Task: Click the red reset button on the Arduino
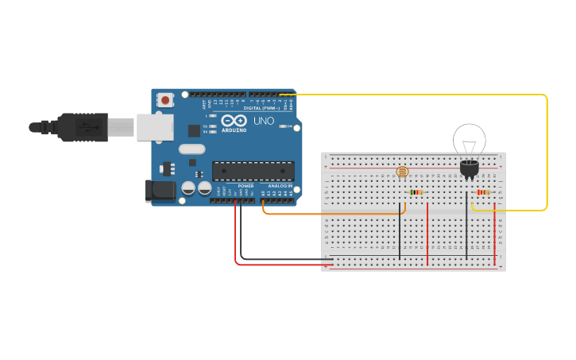(x=165, y=100)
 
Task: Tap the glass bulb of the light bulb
(x=469, y=140)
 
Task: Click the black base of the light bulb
(x=469, y=168)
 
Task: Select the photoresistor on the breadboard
(x=402, y=172)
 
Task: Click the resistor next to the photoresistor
(x=416, y=192)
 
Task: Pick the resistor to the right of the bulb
(x=483, y=192)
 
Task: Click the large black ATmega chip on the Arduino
(x=253, y=171)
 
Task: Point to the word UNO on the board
(x=263, y=122)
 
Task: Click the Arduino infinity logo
(x=240, y=121)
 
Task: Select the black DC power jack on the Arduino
(x=160, y=191)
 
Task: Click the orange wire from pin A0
(x=334, y=214)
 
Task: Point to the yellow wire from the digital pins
(x=547, y=151)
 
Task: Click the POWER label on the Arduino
(x=245, y=186)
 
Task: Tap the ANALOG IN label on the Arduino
(x=279, y=186)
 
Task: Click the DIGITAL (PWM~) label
(x=262, y=108)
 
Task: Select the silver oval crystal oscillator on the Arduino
(x=192, y=149)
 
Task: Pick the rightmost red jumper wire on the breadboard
(x=495, y=234)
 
